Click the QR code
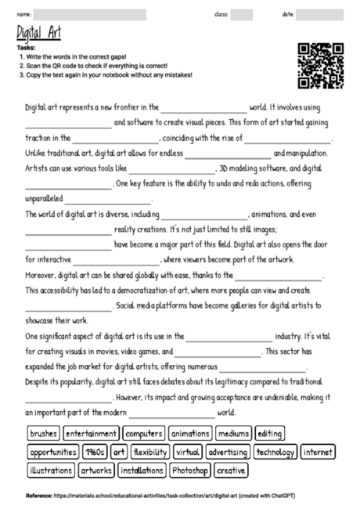point(321,66)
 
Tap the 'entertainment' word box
point(91,433)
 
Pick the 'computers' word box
point(143,433)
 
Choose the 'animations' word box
point(189,433)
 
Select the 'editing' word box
point(270,433)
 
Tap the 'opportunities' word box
point(52,452)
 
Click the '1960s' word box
point(95,452)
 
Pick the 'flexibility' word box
point(149,452)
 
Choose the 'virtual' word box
point(188,452)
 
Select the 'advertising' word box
point(228,452)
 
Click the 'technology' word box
point(275,452)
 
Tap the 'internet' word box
point(318,452)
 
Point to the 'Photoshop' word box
point(189,471)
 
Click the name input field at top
point(89,14)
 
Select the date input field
point(325,14)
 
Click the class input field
point(242,14)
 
